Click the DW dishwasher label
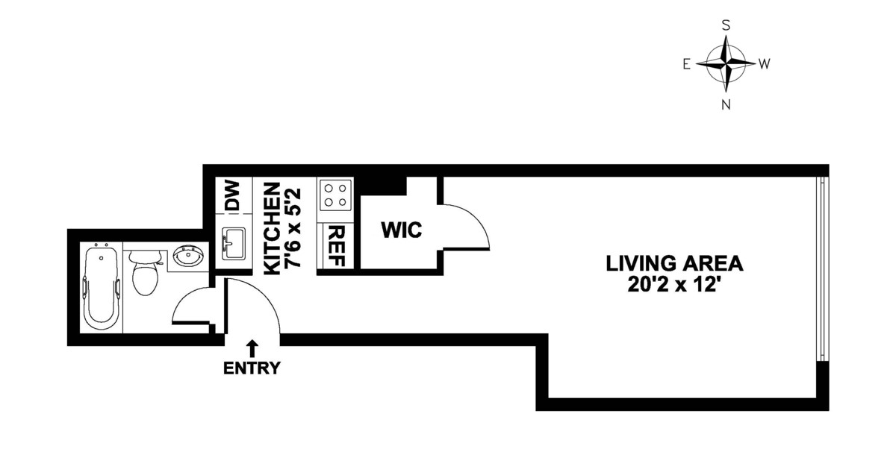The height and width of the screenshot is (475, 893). [x=233, y=196]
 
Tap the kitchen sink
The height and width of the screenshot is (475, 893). [x=233, y=243]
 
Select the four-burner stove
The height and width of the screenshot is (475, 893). [x=335, y=194]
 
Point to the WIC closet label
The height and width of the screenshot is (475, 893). [x=402, y=230]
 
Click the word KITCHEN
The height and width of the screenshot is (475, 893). [x=273, y=229]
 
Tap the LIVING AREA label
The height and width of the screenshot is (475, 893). [x=674, y=264]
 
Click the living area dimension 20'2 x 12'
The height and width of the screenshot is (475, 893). [x=675, y=284]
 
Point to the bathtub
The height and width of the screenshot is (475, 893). [x=102, y=287]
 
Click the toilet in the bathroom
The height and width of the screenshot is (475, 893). [x=144, y=272]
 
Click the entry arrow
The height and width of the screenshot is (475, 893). [x=252, y=349]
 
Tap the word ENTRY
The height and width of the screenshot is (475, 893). [x=252, y=368]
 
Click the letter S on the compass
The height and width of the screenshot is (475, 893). [x=726, y=25]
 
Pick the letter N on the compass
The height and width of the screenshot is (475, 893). [x=726, y=104]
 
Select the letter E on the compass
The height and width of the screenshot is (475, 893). [x=687, y=64]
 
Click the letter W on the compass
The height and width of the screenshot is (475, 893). [x=765, y=64]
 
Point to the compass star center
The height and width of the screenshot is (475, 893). [x=726, y=63]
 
